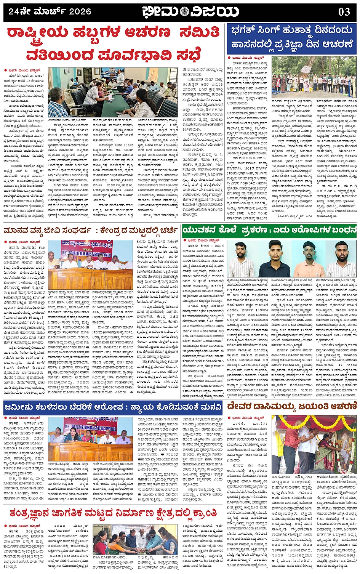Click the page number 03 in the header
(x=344, y=12)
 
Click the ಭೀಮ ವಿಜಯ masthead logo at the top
(x=190, y=12)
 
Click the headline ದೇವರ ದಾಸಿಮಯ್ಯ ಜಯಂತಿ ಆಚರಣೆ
(x=291, y=407)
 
